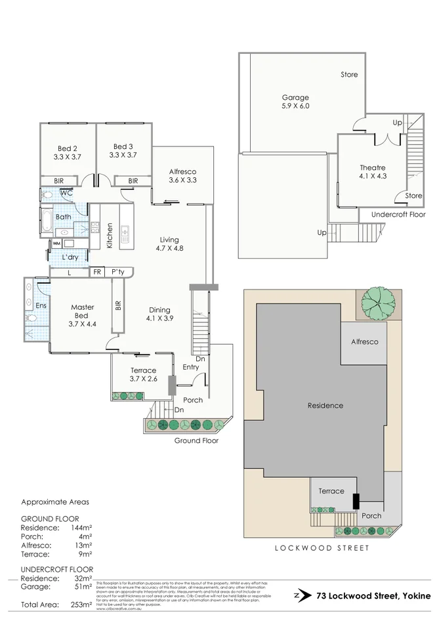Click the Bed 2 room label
[x=66, y=152]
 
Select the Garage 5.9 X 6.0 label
[x=295, y=102]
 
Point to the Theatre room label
[x=372, y=172]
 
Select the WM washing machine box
[x=56, y=244]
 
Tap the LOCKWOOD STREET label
[x=322, y=547]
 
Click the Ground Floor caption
[x=196, y=440]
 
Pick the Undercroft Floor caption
[x=398, y=214]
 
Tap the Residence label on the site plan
[x=325, y=405]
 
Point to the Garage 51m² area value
[x=80, y=587]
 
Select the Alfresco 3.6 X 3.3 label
[x=182, y=175]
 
